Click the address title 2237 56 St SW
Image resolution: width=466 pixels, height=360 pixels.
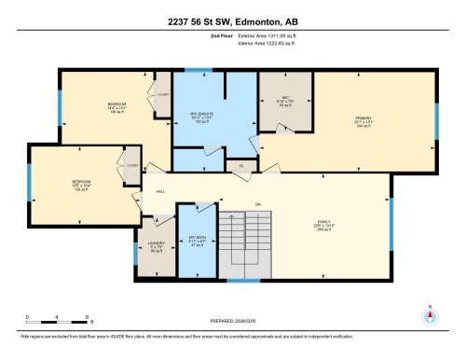pyautogui.click(x=232, y=21)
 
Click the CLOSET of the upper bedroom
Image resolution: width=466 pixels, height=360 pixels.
pyautogui.click(x=162, y=94)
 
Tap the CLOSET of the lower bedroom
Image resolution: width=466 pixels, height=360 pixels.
pyautogui.click(x=132, y=165)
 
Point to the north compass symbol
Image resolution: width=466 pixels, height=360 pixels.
pyautogui.click(x=430, y=314)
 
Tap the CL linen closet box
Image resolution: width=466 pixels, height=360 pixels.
pyautogui.click(x=240, y=166)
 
